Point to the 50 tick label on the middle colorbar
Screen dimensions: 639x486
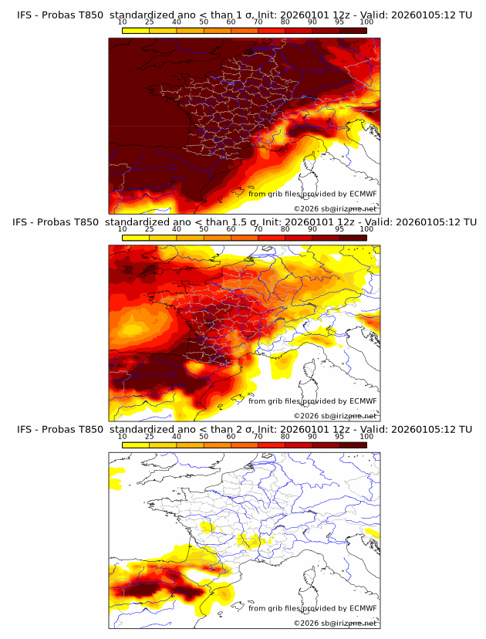204,229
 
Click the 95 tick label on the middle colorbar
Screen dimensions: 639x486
339,229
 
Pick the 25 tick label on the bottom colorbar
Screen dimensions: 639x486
150,436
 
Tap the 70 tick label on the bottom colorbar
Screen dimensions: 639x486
258,436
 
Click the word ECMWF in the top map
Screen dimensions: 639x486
363,194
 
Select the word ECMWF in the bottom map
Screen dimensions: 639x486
363,608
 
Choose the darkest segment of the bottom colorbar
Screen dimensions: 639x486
353,445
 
